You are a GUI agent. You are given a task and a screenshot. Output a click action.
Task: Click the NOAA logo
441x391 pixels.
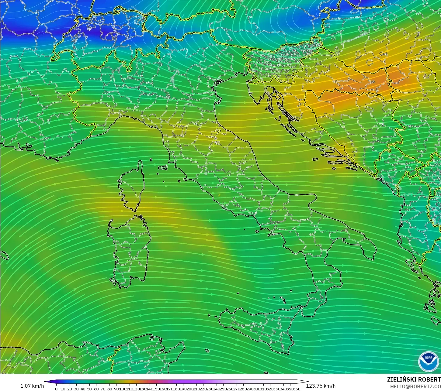[x=429, y=362]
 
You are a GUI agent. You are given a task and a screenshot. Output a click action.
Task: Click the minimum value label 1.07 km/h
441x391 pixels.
[x=32, y=386]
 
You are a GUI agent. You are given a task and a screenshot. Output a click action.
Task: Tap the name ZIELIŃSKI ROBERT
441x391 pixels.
[x=414, y=379]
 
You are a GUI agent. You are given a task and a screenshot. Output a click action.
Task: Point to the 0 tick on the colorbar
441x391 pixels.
[x=56, y=389]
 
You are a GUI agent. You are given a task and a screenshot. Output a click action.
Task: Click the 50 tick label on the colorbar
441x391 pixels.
[x=89, y=389]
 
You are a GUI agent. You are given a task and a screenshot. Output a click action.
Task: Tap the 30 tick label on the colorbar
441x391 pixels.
[x=76, y=389]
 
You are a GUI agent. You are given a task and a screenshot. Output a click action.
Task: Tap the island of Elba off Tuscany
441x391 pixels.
[x=163, y=167]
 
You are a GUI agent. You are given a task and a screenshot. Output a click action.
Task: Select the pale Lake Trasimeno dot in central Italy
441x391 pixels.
[x=206, y=174]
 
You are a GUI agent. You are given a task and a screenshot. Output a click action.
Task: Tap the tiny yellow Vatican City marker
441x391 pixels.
[x=219, y=195]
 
